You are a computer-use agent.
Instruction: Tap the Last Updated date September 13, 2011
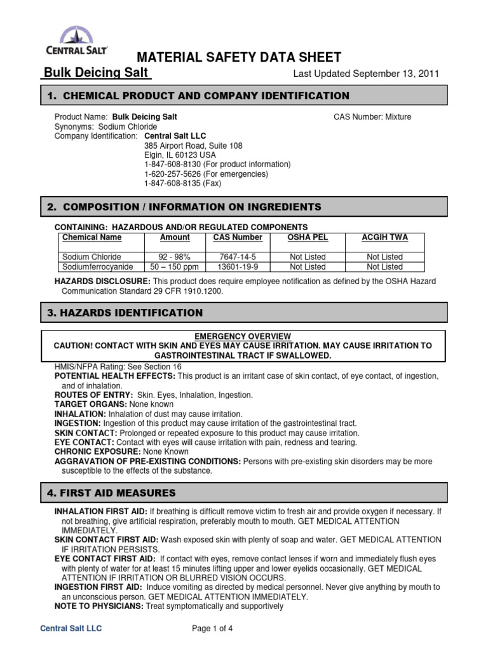[x=365, y=74]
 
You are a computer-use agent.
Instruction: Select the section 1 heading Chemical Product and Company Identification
[x=198, y=96]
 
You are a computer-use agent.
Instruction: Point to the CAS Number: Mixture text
[x=372, y=117]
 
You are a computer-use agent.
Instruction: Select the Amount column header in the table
[x=175, y=238]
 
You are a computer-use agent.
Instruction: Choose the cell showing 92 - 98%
[x=175, y=257]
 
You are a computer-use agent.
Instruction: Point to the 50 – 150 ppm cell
[x=175, y=267]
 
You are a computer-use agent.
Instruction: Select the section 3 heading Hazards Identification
[x=125, y=313]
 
